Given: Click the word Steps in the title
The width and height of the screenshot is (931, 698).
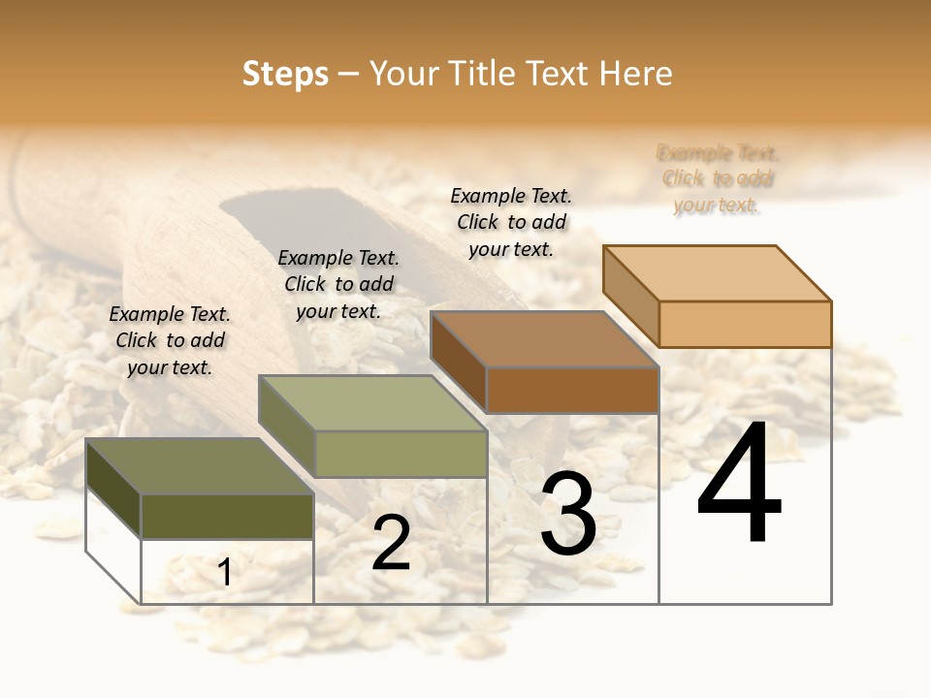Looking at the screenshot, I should (x=285, y=74).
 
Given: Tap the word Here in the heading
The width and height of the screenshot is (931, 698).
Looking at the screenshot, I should (x=635, y=74).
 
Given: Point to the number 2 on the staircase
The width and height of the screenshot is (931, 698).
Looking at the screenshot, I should (x=391, y=543).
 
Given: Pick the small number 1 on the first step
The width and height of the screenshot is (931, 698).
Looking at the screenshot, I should (x=225, y=573).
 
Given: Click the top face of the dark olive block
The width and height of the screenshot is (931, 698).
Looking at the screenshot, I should (x=199, y=466).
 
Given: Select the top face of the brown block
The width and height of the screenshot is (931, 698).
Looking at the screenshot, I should (x=544, y=339).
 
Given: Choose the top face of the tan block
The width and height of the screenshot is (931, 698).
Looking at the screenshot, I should (x=717, y=273).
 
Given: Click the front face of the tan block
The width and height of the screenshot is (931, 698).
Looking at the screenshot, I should (x=745, y=324).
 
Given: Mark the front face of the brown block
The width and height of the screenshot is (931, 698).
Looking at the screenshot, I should (x=572, y=390).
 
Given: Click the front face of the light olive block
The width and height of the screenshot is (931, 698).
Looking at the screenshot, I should (x=401, y=454).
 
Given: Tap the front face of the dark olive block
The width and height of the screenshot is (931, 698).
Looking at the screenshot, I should (x=228, y=517).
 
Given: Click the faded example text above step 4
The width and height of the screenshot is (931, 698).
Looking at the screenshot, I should (x=718, y=178).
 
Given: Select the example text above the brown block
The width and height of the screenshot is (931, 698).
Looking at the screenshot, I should (x=511, y=222).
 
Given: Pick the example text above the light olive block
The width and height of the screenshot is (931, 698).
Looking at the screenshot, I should (x=338, y=284).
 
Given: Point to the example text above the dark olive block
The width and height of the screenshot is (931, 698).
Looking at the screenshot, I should (x=170, y=340).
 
